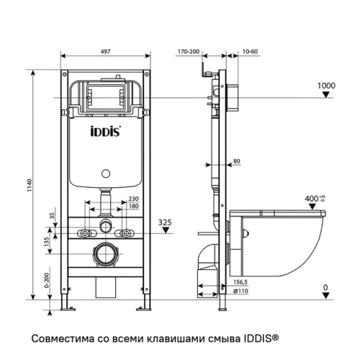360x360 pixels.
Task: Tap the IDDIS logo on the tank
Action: pyautogui.click(x=105, y=132)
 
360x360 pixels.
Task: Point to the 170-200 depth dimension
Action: pyautogui.click(x=189, y=53)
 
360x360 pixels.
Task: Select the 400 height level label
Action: pyautogui.click(x=312, y=197)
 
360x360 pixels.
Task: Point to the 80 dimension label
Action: pyautogui.click(x=237, y=161)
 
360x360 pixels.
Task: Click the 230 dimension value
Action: pyautogui.click(x=133, y=199)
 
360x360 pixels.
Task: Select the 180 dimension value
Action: pyautogui.click(x=133, y=207)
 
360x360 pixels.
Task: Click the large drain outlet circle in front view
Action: pyautogui.click(x=106, y=254)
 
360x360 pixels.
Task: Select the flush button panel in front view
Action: pyautogui.click(x=105, y=94)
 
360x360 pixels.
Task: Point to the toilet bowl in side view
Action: pyautogui.click(x=288, y=238)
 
